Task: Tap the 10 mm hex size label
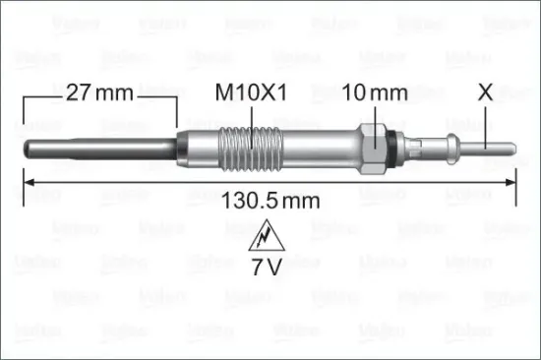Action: click(375, 94)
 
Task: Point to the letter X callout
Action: click(484, 93)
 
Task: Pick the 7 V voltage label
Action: click(265, 267)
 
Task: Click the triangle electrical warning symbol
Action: click(265, 237)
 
